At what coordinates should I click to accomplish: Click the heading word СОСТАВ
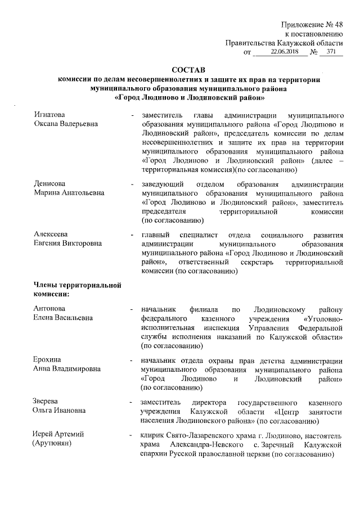188,70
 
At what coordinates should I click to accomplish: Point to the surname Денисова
49,184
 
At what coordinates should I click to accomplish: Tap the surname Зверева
47,403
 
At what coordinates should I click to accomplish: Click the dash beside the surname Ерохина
131,360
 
